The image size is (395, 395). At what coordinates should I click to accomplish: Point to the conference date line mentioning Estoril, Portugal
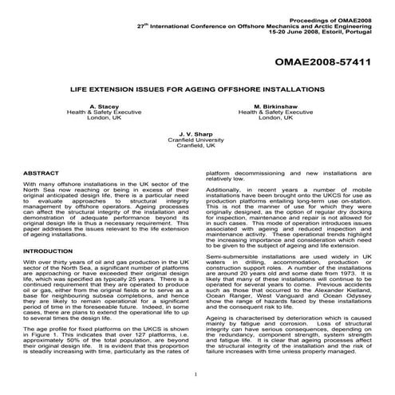[x=327, y=24]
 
